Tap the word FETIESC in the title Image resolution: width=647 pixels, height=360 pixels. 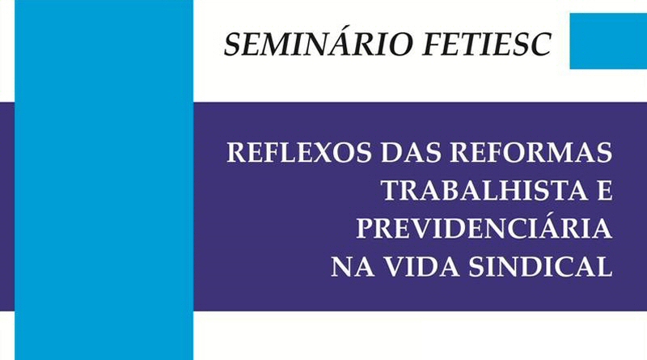(488, 44)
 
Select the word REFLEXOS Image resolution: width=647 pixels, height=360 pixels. (299, 152)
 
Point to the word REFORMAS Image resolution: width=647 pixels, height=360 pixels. (531, 152)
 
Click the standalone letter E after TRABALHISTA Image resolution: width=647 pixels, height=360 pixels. (605, 191)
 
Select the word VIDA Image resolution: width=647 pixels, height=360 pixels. (421, 267)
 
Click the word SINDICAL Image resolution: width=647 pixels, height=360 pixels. (540, 267)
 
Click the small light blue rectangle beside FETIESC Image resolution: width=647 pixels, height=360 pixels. (608, 41)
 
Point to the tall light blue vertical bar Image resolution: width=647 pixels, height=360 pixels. (104, 180)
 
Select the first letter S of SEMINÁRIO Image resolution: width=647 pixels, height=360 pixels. (234, 44)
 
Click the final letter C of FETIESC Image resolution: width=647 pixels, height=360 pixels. (539, 44)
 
